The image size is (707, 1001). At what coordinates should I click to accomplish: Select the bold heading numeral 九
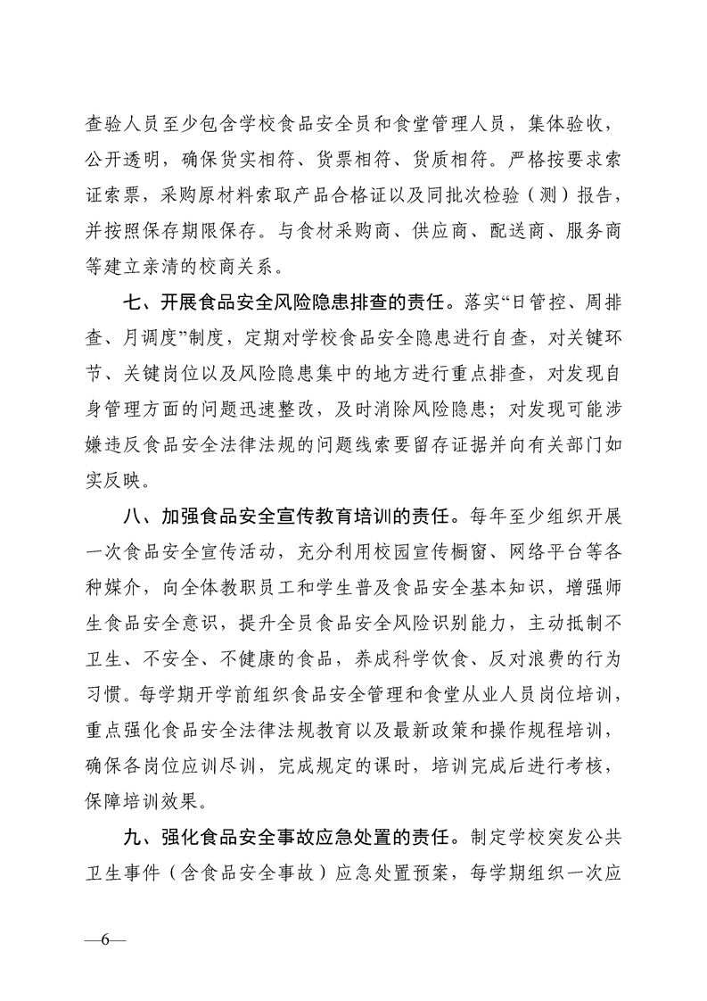click(134, 838)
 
